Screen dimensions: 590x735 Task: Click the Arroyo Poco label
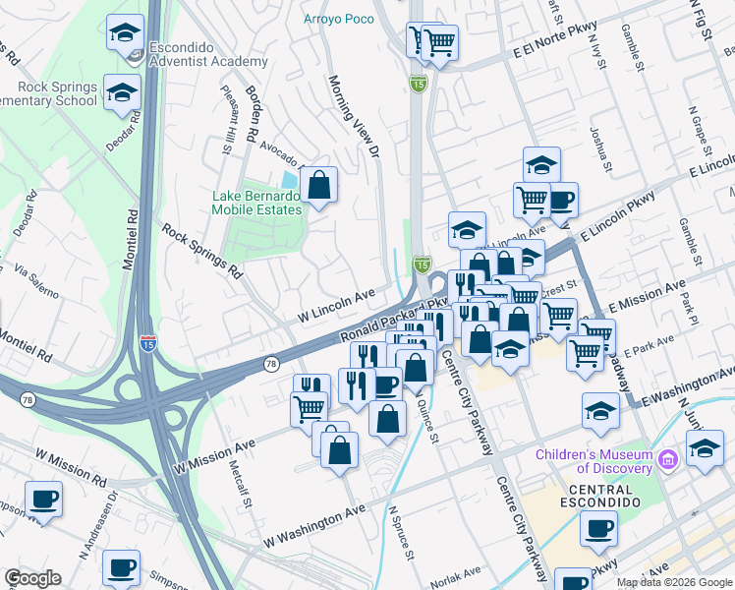coord(339,20)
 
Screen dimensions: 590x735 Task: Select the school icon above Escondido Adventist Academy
coord(125,34)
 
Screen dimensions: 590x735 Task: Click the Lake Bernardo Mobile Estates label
coord(256,202)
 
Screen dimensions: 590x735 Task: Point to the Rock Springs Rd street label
coord(201,250)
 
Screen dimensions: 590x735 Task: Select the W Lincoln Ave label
coord(337,307)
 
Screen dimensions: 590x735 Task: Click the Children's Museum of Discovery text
coord(594,460)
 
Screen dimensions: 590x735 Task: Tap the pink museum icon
coord(669,459)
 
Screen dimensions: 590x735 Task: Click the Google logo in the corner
coord(32,578)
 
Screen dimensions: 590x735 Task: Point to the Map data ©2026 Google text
coord(674,582)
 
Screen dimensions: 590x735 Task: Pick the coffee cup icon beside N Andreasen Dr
coord(42,499)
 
